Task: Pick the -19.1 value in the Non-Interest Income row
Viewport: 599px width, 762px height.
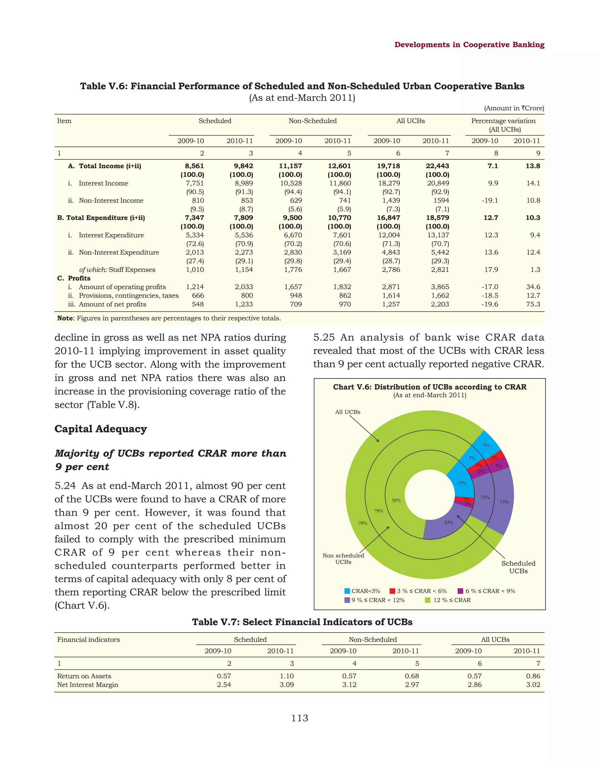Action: tap(490, 201)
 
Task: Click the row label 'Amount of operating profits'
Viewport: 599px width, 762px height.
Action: tap(122, 287)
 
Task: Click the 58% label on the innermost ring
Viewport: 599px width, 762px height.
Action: tap(396, 500)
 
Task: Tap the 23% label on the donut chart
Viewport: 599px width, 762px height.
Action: tap(449, 523)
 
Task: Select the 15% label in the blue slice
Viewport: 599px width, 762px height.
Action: tap(462, 483)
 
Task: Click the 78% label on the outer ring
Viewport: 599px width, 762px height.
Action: tap(363, 523)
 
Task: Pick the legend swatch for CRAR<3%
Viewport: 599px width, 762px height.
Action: tap(347, 591)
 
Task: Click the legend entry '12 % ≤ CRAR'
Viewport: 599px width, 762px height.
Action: tap(452, 600)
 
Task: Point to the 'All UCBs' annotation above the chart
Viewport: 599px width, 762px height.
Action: tap(347, 412)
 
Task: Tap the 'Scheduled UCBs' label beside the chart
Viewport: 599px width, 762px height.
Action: tap(518, 567)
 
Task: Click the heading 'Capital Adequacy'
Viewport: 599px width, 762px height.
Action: tap(101, 429)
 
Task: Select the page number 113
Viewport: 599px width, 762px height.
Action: tap(299, 718)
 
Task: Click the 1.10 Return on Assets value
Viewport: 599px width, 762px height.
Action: tap(287, 676)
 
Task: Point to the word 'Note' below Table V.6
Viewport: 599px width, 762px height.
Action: tap(65, 318)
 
